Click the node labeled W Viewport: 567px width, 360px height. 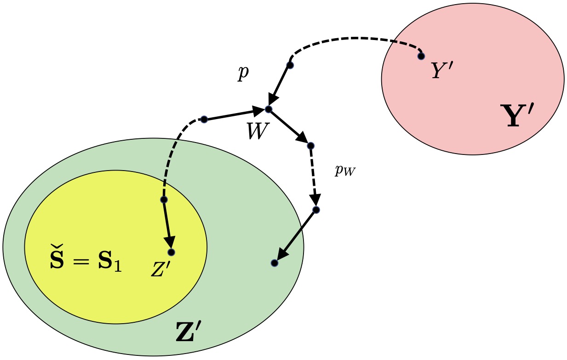pyautogui.click(x=269, y=109)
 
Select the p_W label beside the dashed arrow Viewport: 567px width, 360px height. pyautogui.click(x=345, y=171)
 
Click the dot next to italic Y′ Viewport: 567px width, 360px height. pyautogui.click(x=421, y=56)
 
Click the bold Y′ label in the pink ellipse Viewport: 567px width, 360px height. pyautogui.click(x=517, y=116)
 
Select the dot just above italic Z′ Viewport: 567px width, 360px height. pyautogui.click(x=171, y=252)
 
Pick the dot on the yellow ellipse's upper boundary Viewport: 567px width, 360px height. pyautogui.click(x=164, y=200)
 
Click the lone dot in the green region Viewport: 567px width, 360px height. pyautogui.click(x=274, y=263)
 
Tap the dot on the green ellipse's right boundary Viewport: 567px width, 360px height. pyautogui.click(x=316, y=210)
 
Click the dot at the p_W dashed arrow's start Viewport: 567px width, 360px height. pyautogui.click(x=310, y=146)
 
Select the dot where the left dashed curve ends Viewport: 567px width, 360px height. pyautogui.click(x=204, y=120)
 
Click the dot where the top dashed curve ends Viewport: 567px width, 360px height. pyautogui.click(x=290, y=65)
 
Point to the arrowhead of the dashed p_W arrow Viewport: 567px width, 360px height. pyautogui.click(x=315, y=201)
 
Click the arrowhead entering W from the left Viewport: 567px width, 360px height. pyautogui.click(x=258, y=110)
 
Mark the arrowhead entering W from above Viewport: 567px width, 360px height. pyautogui.click(x=273, y=101)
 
